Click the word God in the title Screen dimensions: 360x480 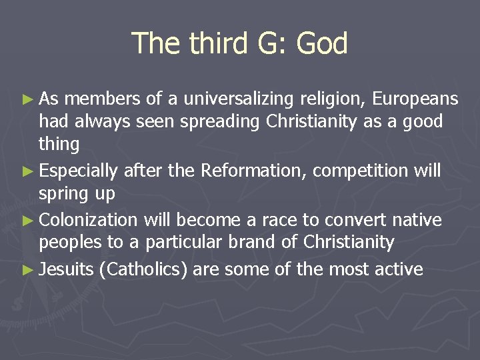[322, 44]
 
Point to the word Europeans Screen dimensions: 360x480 [415, 99]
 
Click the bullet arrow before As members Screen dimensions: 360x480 [27, 100]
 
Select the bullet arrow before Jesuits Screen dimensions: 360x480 [27, 270]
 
